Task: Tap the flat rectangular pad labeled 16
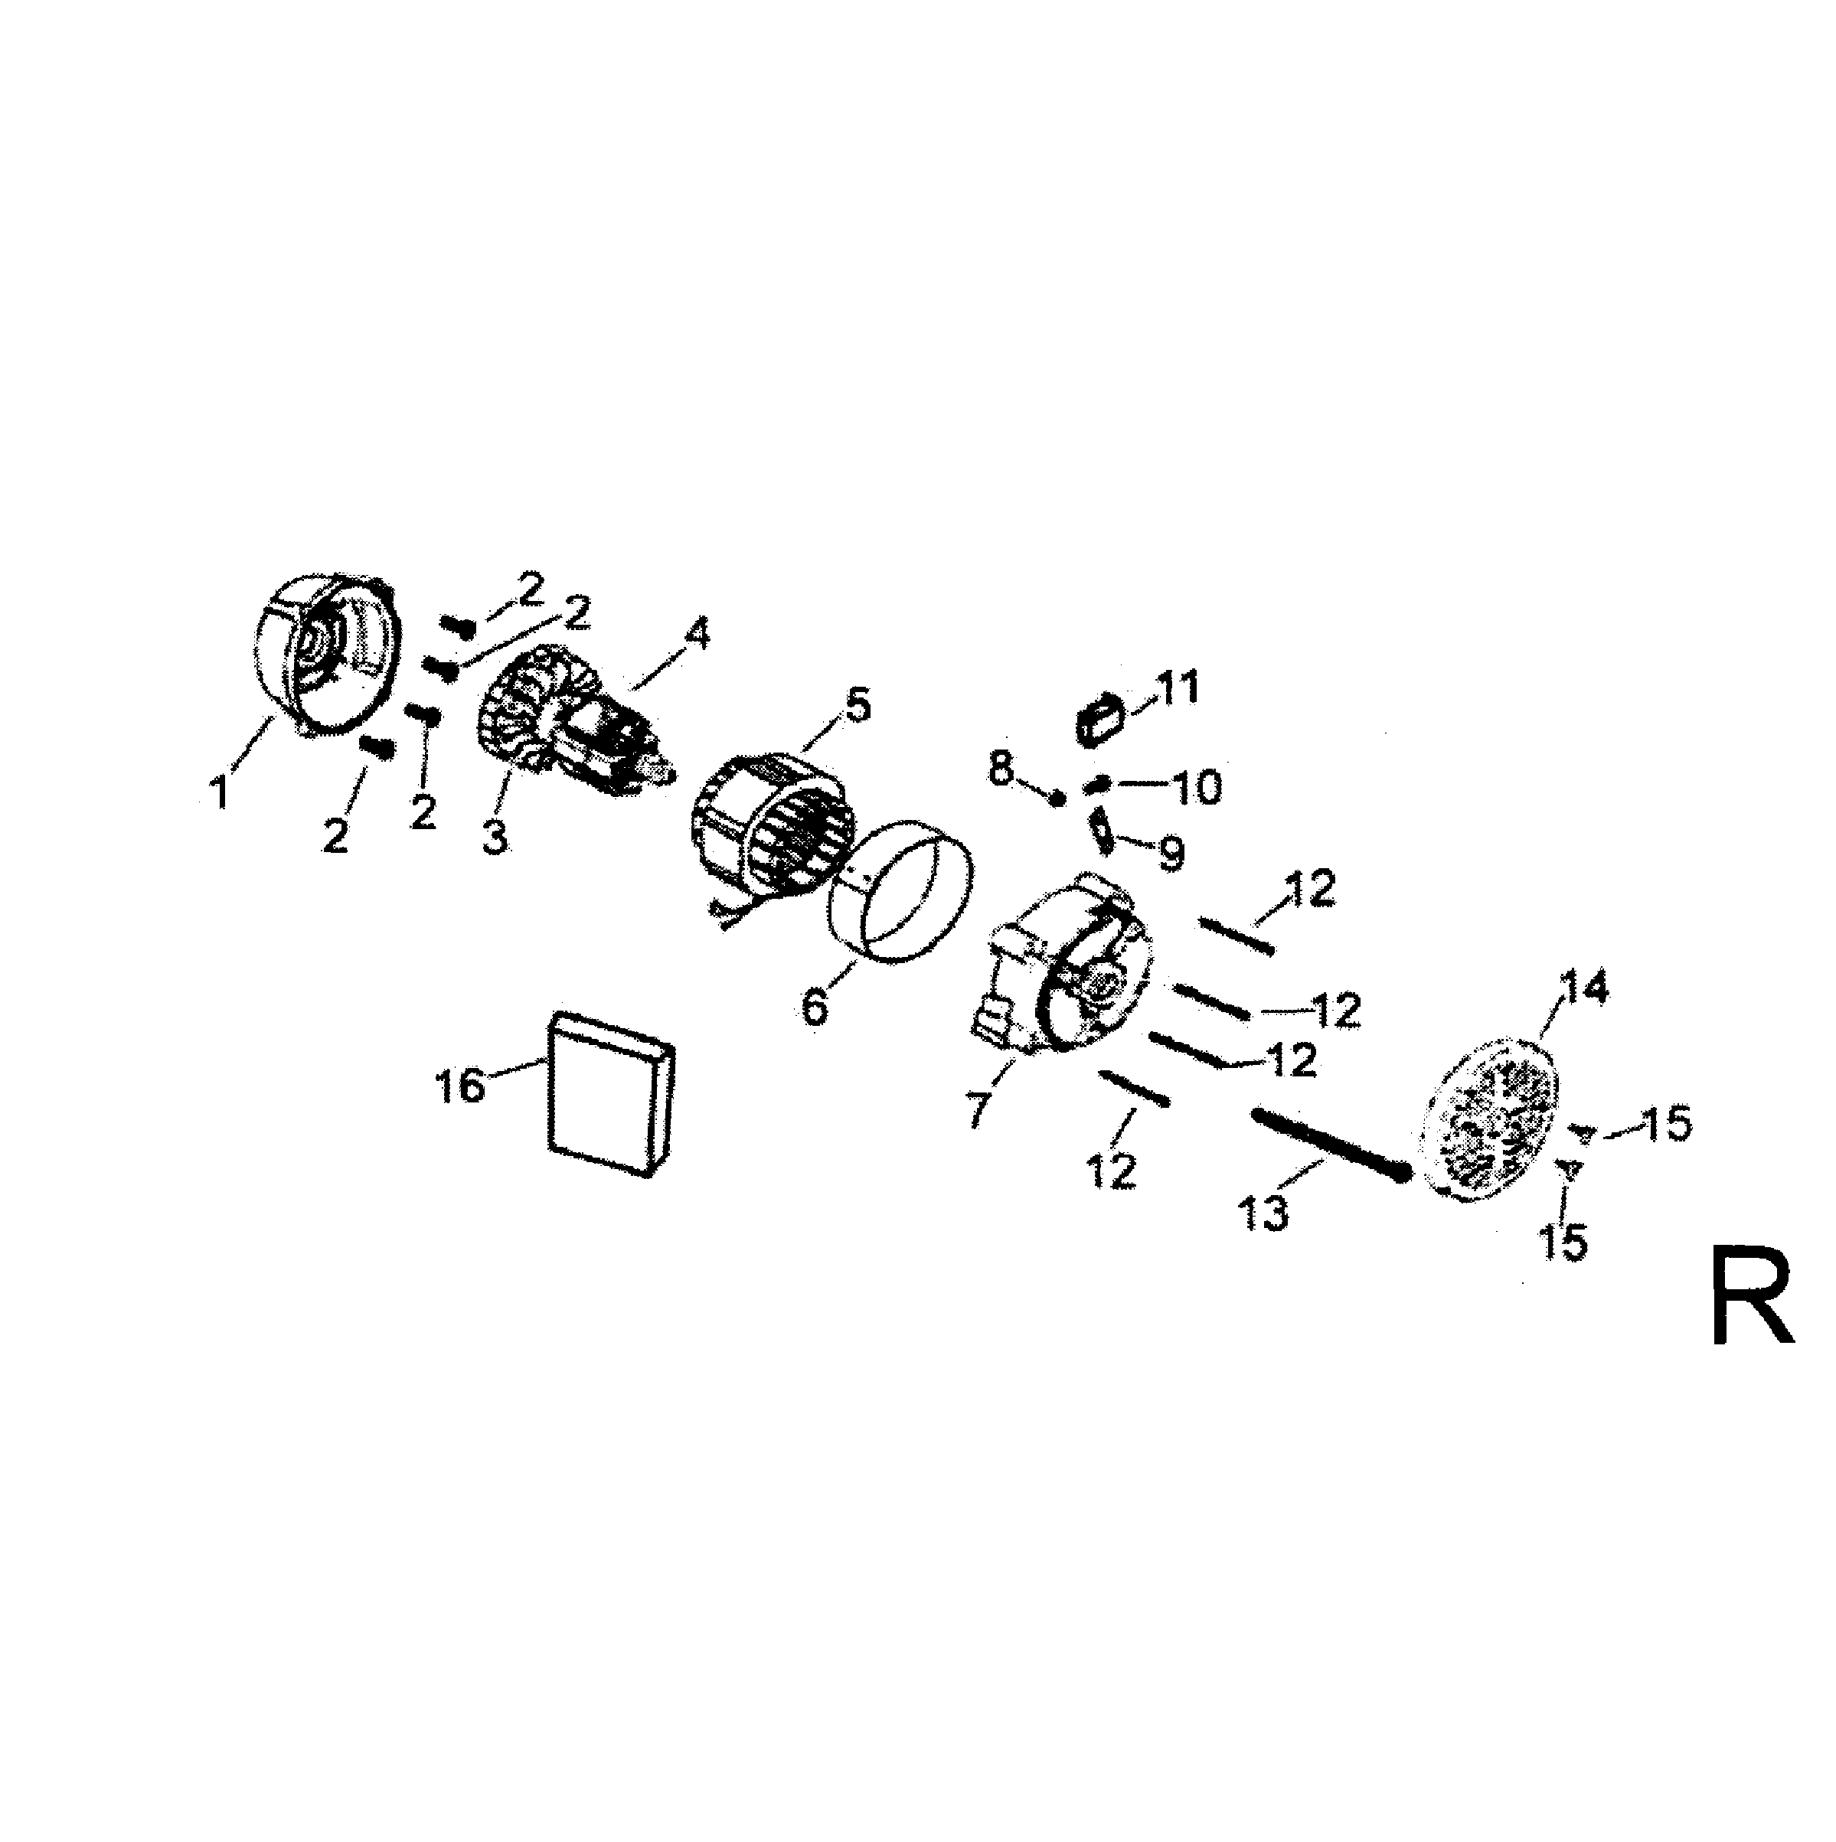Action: [x=611, y=1096]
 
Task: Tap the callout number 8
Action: [x=1000, y=769]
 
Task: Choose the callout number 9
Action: [x=1170, y=854]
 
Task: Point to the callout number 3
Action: [x=495, y=838]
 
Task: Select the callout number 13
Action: [x=1265, y=1215]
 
